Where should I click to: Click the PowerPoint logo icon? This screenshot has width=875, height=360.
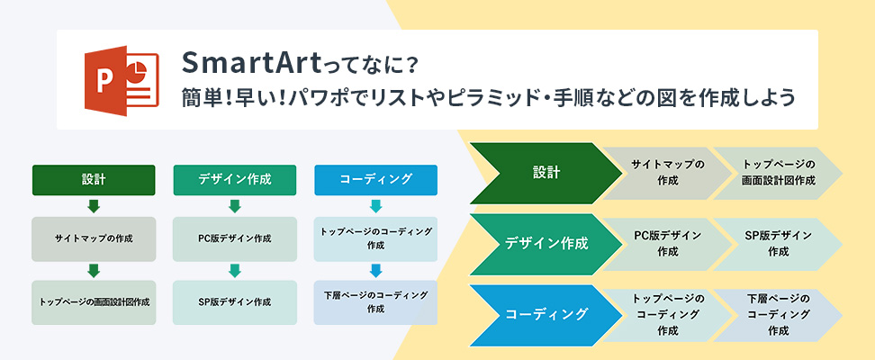pyautogui.click(x=122, y=80)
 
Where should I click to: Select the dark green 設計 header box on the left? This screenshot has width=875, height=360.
pyautogui.click(x=94, y=180)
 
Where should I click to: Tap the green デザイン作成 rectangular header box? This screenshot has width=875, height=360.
pyautogui.click(x=235, y=180)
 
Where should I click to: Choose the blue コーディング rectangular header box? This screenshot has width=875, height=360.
pyautogui.click(x=376, y=180)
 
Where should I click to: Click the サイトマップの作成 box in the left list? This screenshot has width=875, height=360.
pyautogui.click(x=94, y=238)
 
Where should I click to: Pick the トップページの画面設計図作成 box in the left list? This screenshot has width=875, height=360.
pyautogui.click(x=94, y=302)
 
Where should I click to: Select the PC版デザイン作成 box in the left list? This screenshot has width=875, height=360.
pyautogui.click(x=235, y=238)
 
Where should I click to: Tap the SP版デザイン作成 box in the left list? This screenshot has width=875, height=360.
pyautogui.click(x=235, y=302)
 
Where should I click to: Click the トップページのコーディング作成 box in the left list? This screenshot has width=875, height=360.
pyautogui.click(x=376, y=238)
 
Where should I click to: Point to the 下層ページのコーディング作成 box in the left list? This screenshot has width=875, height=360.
pyautogui.click(x=376, y=302)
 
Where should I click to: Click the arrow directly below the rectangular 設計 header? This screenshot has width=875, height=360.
pyautogui.click(x=94, y=206)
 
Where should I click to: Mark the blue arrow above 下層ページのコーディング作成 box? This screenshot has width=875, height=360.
pyautogui.click(x=376, y=271)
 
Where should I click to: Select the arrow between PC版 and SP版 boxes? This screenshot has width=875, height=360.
pyautogui.click(x=235, y=271)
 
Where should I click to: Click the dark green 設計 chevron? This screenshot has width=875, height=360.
pyautogui.click(x=546, y=173)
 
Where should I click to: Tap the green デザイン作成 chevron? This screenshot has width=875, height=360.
pyautogui.click(x=546, y=244)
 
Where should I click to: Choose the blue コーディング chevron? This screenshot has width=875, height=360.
pyautogui.click(x=546, y=314)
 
